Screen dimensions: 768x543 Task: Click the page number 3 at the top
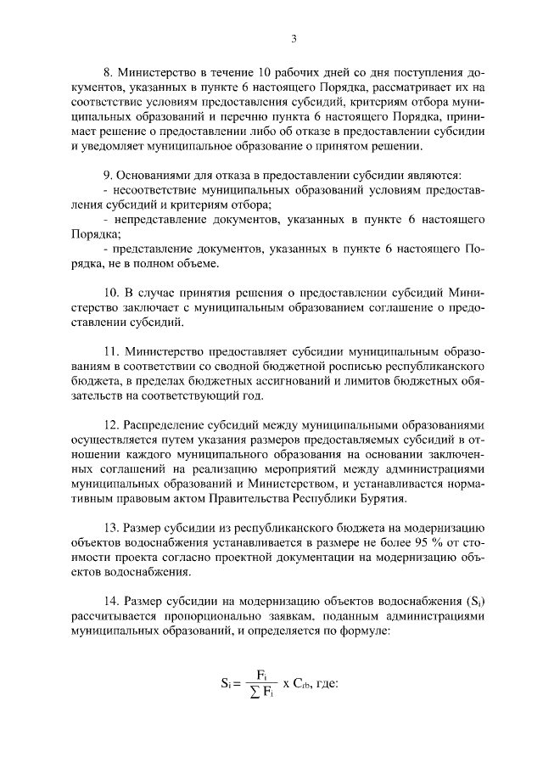click(293, 38)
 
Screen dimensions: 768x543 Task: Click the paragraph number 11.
click(109, 351)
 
